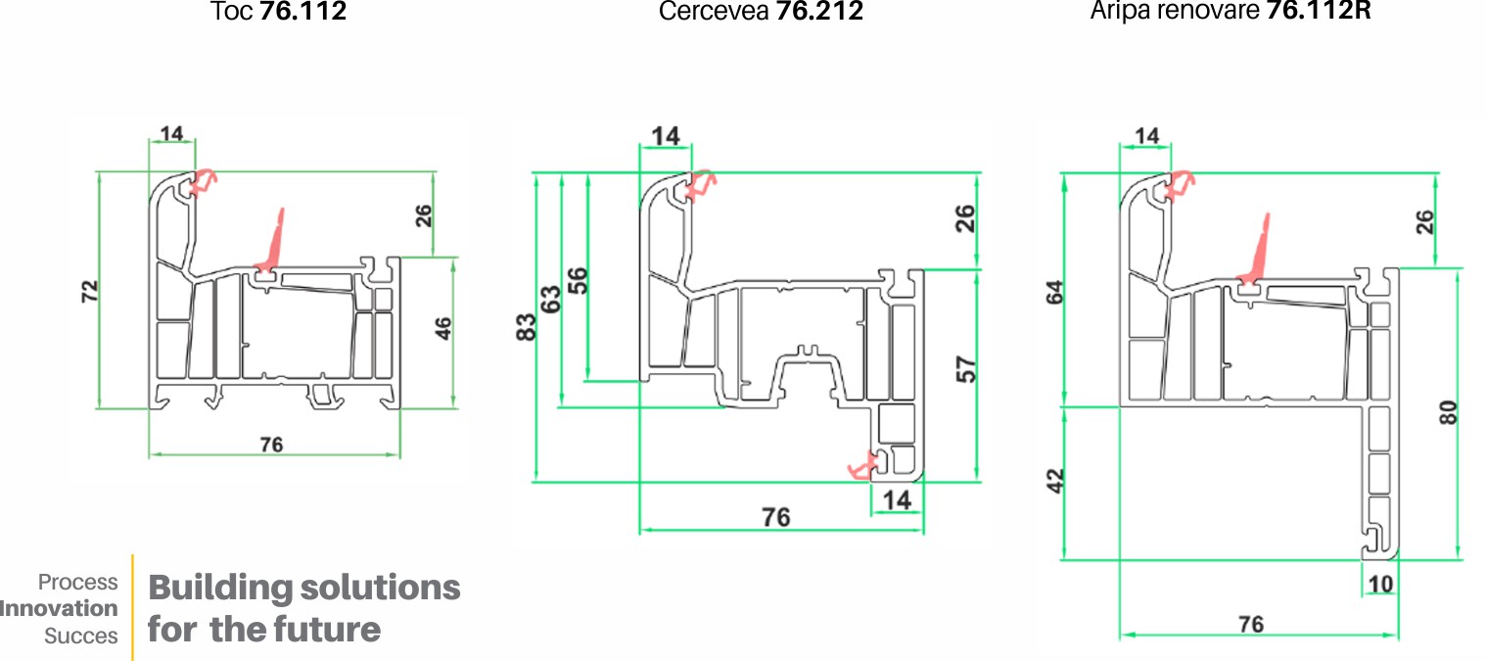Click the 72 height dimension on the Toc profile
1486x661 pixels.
click(89, 292)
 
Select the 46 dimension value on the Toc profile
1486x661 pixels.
click(442, 328)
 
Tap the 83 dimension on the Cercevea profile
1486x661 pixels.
click(526, 327)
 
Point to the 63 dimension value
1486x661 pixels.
click(550, 300)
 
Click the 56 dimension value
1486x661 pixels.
click(578, 281)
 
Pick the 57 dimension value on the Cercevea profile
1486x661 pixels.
click(966, 369)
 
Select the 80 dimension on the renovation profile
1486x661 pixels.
click(1448, 413)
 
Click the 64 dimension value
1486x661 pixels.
click(1054, 292)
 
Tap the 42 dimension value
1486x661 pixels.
click(1054, 481)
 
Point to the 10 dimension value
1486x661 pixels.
click(1380, 585)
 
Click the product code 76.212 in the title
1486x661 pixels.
click(820, 12)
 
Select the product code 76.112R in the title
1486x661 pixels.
click(1319, 11)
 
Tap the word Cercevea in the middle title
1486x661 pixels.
click(714, 12)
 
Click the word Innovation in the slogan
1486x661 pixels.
click(59, 608)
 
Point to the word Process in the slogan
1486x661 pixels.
click(77, 582)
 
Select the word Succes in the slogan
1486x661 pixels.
click(81, 636)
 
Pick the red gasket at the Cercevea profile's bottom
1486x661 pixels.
click(863, 466)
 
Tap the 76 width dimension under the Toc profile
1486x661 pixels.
click(271, 445)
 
